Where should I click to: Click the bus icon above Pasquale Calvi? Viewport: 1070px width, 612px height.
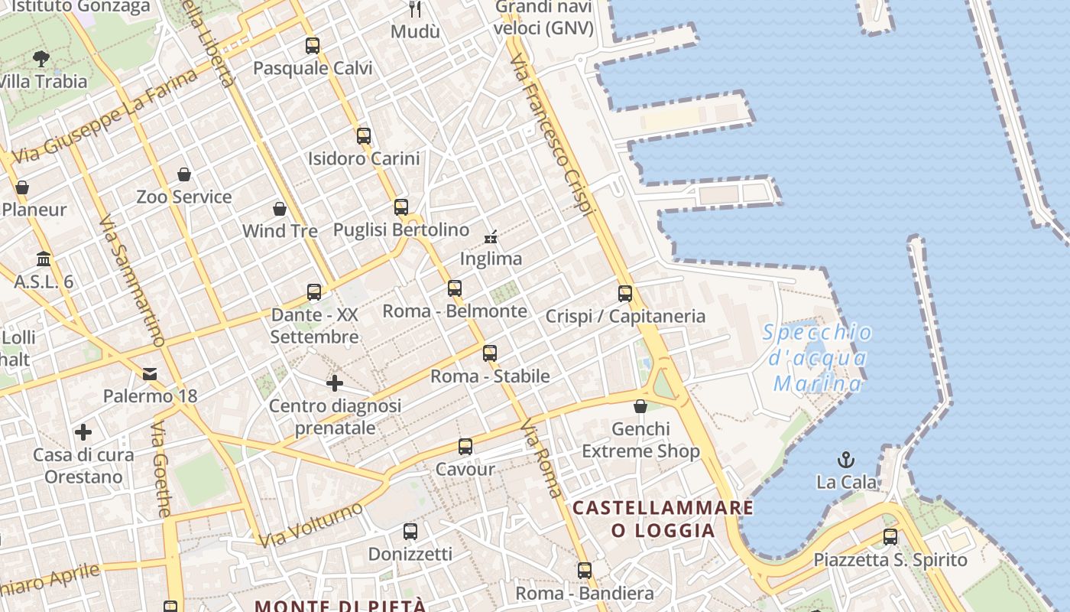(x=312, y=46)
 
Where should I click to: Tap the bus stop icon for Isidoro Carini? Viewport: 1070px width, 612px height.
(x=364, y=136)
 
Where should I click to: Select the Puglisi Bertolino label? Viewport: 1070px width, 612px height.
(x=401, y=229)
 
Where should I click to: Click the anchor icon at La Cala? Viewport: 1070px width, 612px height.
(x=846, y=460)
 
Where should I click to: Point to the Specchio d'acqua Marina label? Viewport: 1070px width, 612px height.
(x=818, y=357)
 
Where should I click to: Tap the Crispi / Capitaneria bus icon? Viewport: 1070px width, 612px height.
(x=625, y=294)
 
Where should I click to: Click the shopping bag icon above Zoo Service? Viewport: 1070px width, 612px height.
(x=184, y=175)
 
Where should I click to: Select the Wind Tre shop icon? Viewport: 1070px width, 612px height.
(x=280, y=209)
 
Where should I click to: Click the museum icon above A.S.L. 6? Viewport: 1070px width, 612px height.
(x=44, y=259)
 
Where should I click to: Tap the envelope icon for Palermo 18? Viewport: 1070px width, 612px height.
(x=150, y=374)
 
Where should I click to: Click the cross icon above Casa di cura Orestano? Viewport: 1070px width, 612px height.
(x=83, y=433)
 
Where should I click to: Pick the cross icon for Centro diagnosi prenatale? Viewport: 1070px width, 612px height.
(x=335, y=383)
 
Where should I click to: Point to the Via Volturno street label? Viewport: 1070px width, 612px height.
(x=310, y=525)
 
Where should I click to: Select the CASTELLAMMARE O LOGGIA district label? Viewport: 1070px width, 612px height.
(x=663, y=519)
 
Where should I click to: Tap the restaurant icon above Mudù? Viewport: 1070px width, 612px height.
(x=415, y=9)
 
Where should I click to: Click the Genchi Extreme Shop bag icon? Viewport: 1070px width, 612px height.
(x=640, y=406)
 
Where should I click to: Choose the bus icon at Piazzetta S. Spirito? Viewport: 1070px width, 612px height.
(x=890, y=537)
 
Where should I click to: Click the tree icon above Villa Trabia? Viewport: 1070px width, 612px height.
(x=42, y=58)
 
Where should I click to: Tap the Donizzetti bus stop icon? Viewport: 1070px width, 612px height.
(x=410, y=532)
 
